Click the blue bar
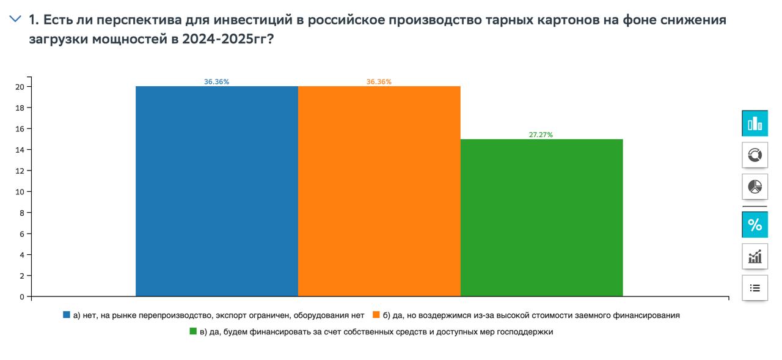click(x=217, y=191)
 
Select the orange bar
click(x=379, y=191)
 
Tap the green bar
click(x=541, y=218)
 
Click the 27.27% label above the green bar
click(x=541, y=135)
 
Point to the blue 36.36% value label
click(x=217, y=82)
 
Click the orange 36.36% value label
click(x=379, y=82)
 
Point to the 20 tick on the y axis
click(x=20, y=87)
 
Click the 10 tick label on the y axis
click(x=20, y=192)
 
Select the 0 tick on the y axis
click(x=22, y=297)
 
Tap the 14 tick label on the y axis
click(x=20, y=150)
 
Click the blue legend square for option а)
click(x=67, y=315)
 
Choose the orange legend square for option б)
click(x=376, y=315)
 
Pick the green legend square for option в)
click(x=193, y=332)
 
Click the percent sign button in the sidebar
click(x=755, y=225)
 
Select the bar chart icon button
click(x=755, y=123)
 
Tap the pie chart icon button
click(x=755, y=186)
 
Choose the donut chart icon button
click(x=755, y=155)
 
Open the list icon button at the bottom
click(x=755, y=288)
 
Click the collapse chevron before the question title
click(x=15, y=20)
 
